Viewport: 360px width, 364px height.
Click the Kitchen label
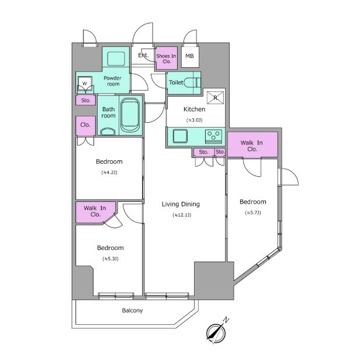point(194,109)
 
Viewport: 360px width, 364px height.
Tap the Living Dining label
point(181,204)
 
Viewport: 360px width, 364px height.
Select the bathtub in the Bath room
point(130,115)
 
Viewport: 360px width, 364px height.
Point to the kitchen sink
point(180,136)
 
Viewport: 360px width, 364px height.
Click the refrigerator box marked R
point(215,98)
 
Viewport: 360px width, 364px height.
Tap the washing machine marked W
point(85,83)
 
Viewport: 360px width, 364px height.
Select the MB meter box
point(190,56)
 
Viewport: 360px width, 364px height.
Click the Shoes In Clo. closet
point(166,59)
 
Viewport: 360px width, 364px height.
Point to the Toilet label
point(176,83)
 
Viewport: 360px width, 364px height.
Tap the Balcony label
point(132,310)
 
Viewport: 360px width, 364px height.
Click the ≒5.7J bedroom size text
point(253,212)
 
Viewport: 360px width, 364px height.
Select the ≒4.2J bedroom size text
point(109,172)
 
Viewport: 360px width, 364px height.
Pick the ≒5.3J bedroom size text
point(110,259)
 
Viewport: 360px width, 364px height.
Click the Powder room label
point(113,81)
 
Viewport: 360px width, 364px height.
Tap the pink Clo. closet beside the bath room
point(85,126)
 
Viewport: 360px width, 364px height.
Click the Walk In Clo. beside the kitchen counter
point(252,145)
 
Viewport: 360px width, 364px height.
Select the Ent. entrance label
point(143,55)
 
